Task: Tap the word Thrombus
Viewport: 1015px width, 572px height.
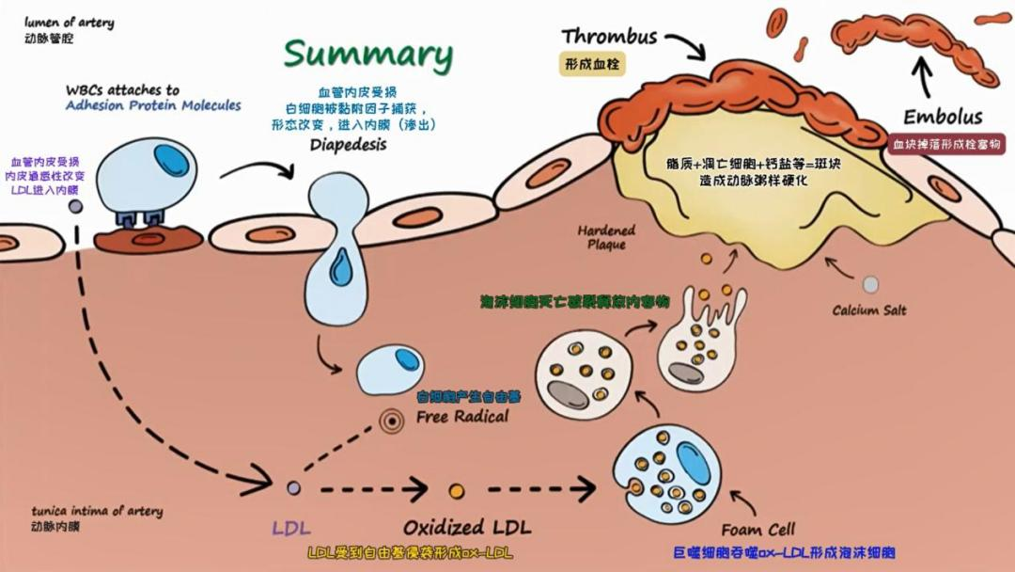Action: point(609,37)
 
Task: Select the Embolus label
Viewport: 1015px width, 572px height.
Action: point(943,118)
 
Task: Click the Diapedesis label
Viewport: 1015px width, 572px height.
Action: point(348,146)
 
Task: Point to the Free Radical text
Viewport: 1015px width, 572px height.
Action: point(462,416)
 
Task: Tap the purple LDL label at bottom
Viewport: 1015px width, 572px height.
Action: point(291,527)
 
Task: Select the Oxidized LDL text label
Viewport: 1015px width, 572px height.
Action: point(458,527)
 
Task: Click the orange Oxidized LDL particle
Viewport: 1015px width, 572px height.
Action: point(457,490)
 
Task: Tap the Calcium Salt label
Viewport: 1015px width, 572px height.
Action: point(869,310)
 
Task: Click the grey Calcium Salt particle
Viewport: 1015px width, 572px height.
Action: point(871,284)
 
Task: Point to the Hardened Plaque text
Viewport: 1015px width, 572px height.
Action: point(606,237)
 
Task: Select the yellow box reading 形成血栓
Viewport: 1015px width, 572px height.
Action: point(593,65)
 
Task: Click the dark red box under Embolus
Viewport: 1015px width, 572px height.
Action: point(945,144)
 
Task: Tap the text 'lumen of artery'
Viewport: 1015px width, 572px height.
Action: point(70,22)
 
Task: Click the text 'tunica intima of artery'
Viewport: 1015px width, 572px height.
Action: point(96,511)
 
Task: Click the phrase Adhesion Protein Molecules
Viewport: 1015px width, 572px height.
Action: point(153,105)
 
